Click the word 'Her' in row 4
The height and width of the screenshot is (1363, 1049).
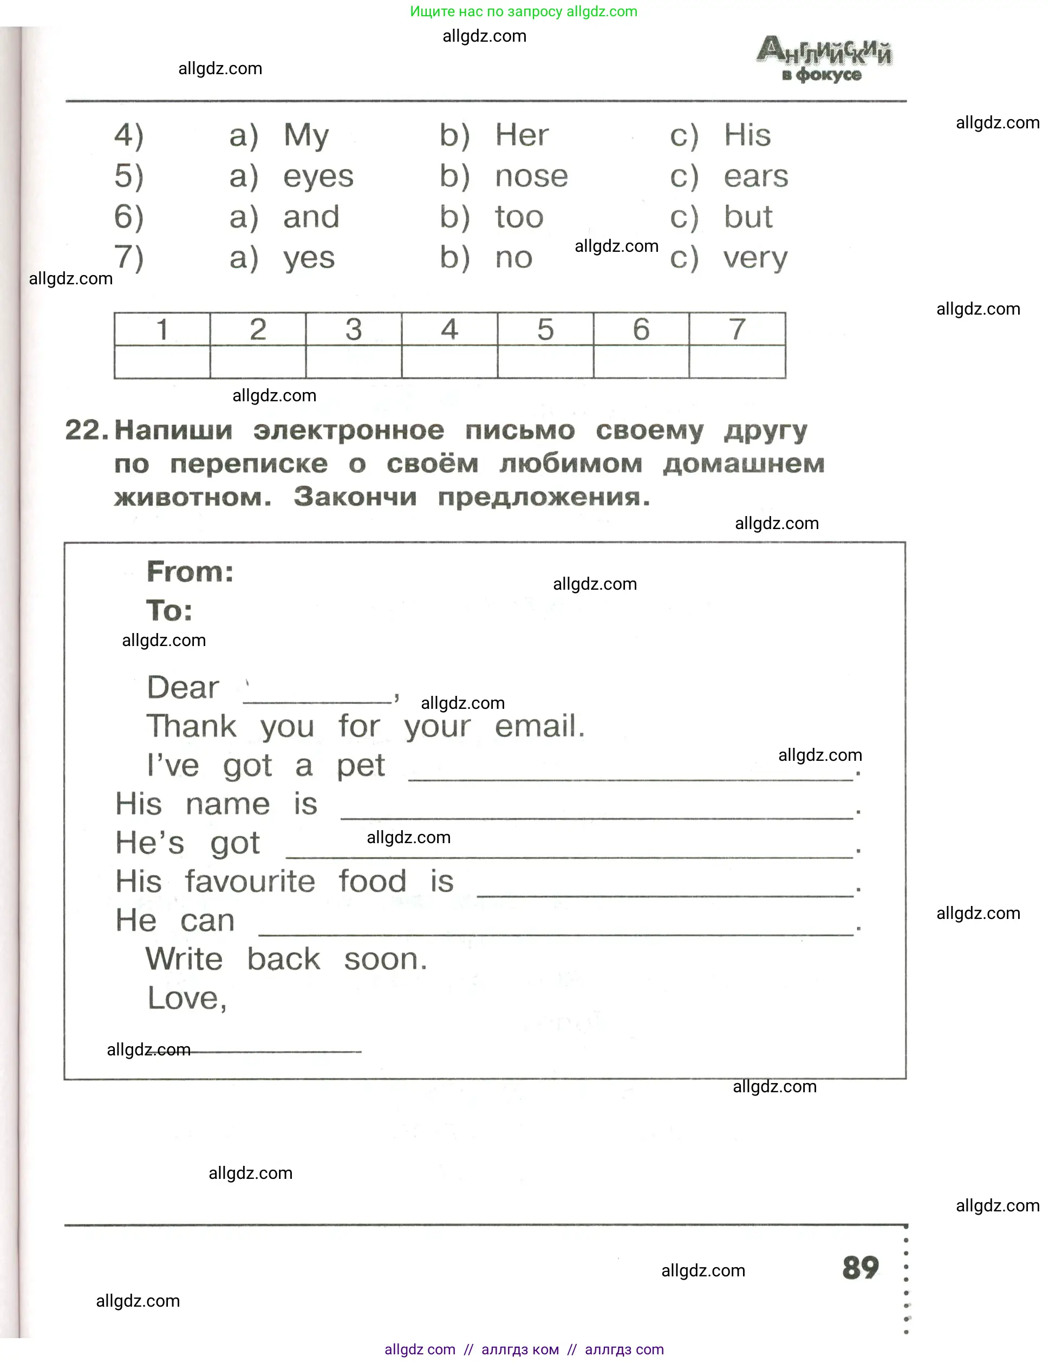pos(521,135)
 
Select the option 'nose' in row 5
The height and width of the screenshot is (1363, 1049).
pos(531,177)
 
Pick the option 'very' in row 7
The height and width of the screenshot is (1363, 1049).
pos(755,258)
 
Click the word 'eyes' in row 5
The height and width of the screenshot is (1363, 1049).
pos(318,177)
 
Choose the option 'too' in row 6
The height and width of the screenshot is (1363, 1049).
pos(519,217)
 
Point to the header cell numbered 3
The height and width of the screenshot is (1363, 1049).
pos(353,329)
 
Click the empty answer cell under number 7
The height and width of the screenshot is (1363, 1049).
pos(737,362)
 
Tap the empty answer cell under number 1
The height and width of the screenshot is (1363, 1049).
pos(161,362)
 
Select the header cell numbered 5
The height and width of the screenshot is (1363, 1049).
pos(545,329)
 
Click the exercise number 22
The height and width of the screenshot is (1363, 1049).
pos(86,430)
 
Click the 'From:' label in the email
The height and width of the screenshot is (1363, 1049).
pos(190,572)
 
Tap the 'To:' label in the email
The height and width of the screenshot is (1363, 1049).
pos(169,610)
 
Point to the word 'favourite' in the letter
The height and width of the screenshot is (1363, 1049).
pos(250,881)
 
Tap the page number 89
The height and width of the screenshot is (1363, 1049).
pos(860,1268)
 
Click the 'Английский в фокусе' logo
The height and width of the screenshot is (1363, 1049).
pos(823,58)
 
